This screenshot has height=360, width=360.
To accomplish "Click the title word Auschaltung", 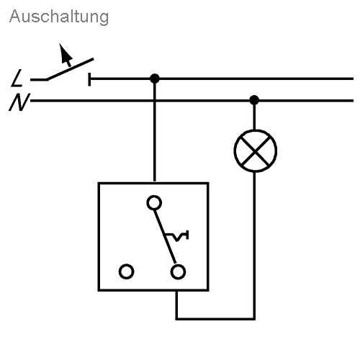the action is (x=59, y=17).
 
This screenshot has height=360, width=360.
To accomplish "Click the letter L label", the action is (x=17, y=78).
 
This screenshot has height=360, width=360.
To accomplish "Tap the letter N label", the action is (x=19, y=102).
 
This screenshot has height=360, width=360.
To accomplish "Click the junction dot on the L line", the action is (x=155, y=78).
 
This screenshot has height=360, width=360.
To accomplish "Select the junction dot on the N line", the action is (x=254, y=100).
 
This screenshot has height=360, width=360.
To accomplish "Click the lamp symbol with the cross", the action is (x=256, y=150).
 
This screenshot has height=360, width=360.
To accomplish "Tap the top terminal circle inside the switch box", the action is (x=154, y=203).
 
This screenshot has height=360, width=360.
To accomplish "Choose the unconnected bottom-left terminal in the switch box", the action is (x=127, y=271).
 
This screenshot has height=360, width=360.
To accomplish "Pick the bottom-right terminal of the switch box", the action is (x=178, y=272).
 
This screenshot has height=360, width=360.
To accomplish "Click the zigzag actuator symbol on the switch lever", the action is (x=177, y=235).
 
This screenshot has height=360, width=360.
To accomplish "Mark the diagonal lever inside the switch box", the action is (x=165, y=237).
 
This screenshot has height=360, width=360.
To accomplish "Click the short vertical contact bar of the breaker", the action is (x=89, y=79).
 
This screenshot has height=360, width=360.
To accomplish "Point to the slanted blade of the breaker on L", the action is (x=70, y=69).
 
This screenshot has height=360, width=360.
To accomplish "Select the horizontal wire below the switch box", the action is (x=215, y=319).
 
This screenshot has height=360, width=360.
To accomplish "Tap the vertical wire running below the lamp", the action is (x=254, y=246).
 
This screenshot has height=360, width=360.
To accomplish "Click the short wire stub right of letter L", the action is (x=39, y=80).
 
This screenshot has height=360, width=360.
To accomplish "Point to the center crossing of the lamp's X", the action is (x=256, y=150).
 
